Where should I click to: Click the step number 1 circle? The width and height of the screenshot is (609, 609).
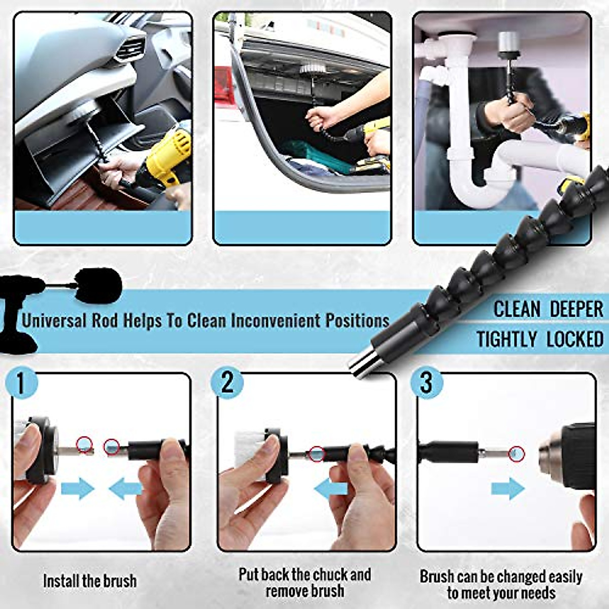pyautogui.click(x=21, y=383)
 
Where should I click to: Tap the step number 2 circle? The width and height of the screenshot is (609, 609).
pyautogui.click(x=227, y=383)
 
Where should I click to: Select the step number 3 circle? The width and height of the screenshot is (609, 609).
pyautogui.click(x=426, y=383)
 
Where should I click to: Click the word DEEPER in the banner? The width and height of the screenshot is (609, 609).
pyautogui.click(x=577, y=309)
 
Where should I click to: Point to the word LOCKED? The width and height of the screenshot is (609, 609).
pyautogui.click(x=575, y=339)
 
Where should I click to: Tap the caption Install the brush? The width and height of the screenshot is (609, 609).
pyautogui.click(x=90, y=581)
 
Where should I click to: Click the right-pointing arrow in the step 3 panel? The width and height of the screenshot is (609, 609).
pyautogui.click(x=508, y=489)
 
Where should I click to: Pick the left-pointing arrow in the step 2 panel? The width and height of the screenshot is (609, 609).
pyautogui.click(x=330, y=489)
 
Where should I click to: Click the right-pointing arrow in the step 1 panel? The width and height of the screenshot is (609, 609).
pyautogui.click(x=78, y=489)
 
